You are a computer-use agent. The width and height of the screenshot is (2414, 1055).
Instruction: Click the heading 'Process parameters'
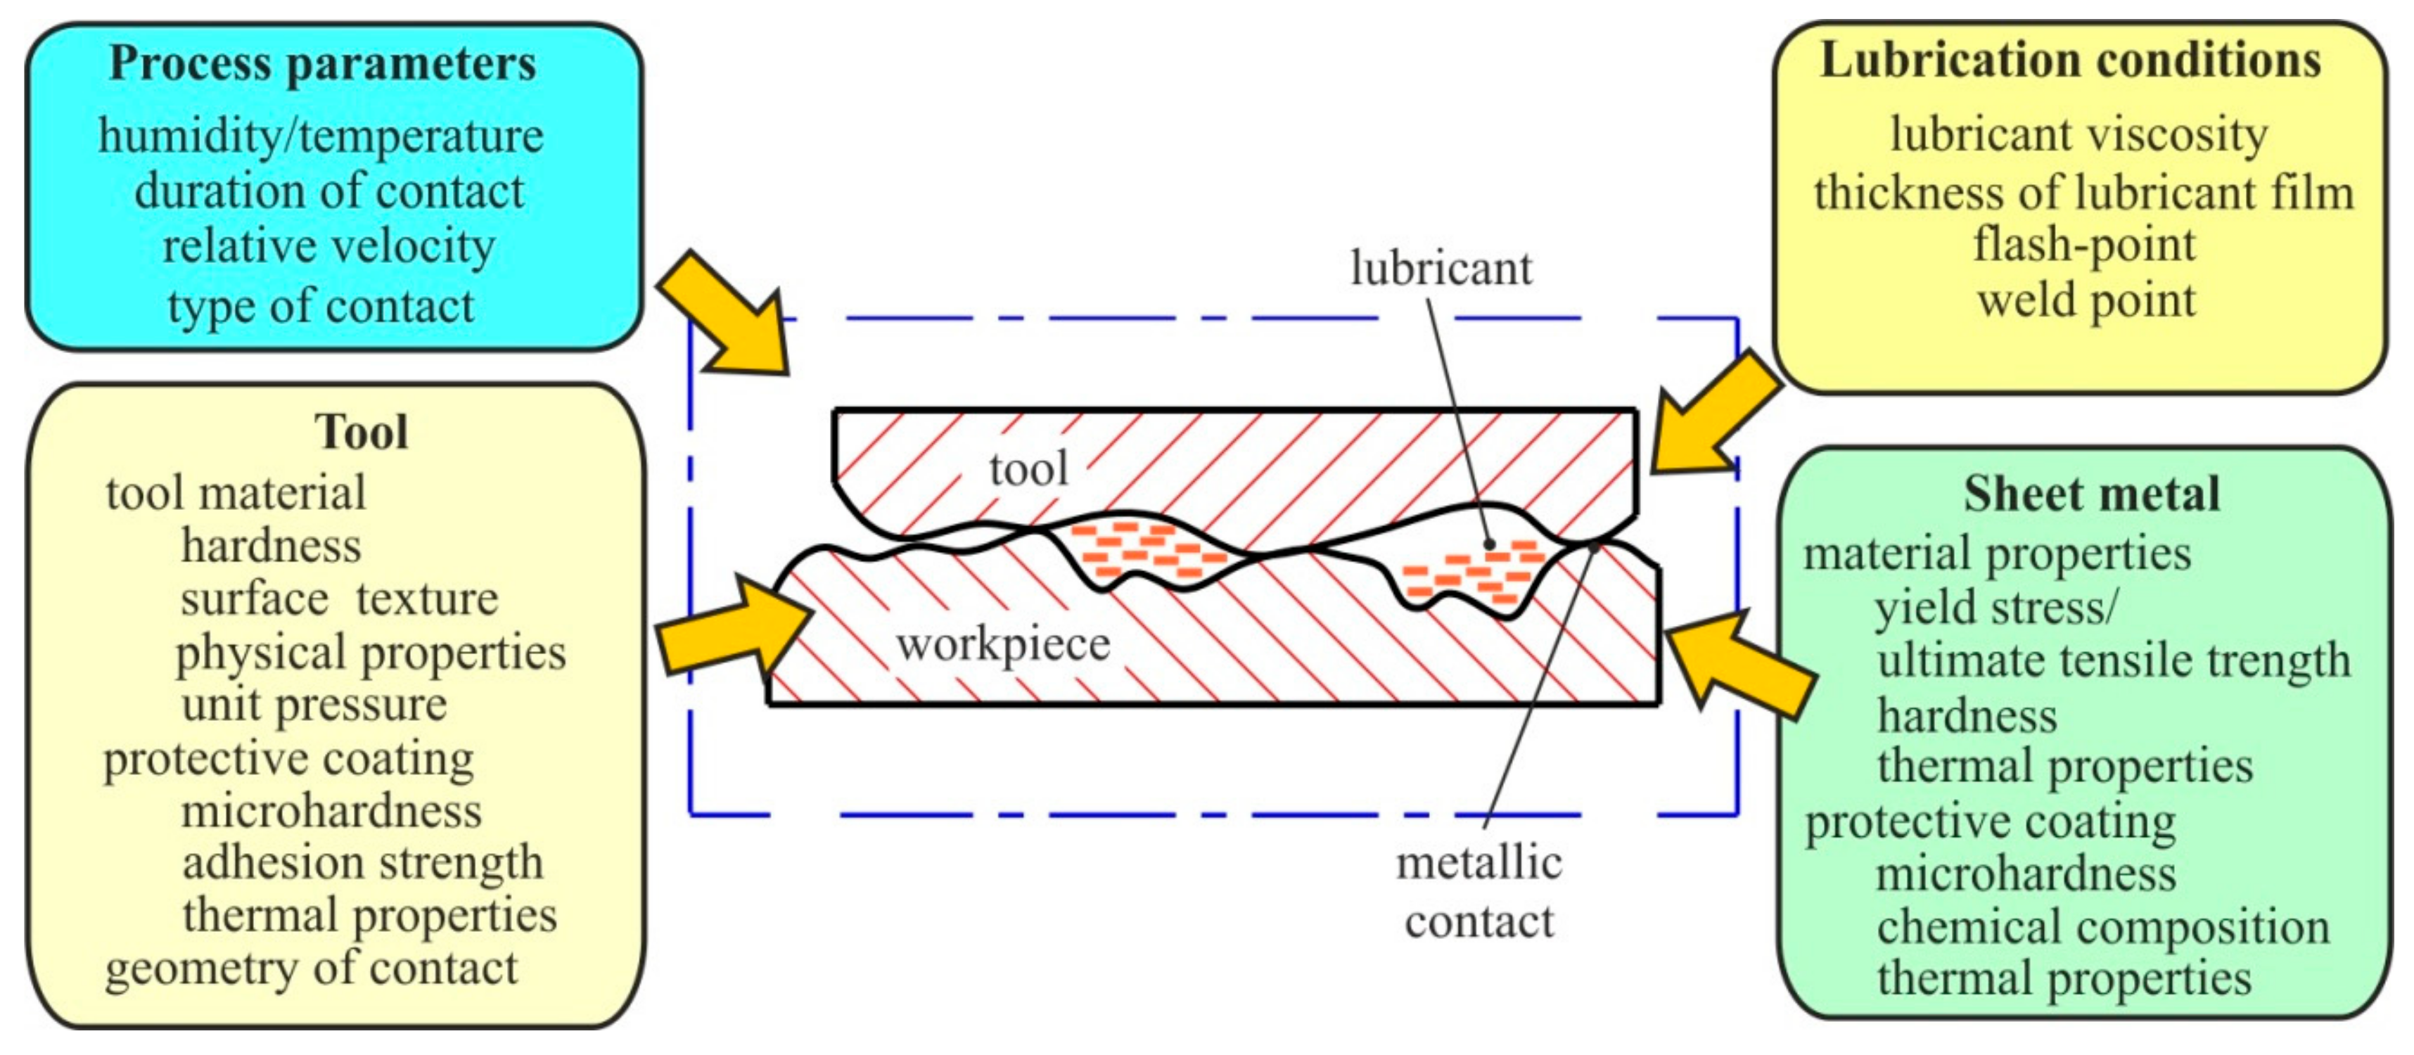pyautogui.click(x=322, y=64)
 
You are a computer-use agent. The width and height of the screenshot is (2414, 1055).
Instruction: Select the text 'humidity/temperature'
pyautogui.click(x=321, y=136)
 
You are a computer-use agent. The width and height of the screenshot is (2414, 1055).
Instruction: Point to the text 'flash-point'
pyautogui.click(x=2084, y=245)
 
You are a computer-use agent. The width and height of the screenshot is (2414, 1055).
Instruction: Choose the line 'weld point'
pyautogui.click(x=2086, y=301)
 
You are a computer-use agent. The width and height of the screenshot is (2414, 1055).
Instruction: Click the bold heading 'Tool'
pyautogui.click(x=361, y=432)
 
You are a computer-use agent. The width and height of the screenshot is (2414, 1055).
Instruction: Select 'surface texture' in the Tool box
pyautogui.click(x=338, y=599)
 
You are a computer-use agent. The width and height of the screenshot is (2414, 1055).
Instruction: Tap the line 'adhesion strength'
pyautogui.click(x=363, y=863)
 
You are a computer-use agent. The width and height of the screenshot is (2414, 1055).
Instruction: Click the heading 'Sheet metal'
pyautogui.click(x=2092, y=494)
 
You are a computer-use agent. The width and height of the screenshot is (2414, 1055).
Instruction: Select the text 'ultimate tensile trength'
pyautogui.click(x=2113, y=660)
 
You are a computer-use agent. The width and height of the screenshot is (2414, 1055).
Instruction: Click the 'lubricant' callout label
pyautogui.click(x=1441, y=269)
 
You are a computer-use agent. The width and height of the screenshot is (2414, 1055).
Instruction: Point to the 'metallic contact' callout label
pyautogui.click(x=1479, y=892)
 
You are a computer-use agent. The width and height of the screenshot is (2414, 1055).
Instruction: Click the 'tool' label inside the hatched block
pyautogui.click(x=1028, y=468)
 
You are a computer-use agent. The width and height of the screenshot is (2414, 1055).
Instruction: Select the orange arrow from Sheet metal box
pyautogui.click(x=1738, y=663)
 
